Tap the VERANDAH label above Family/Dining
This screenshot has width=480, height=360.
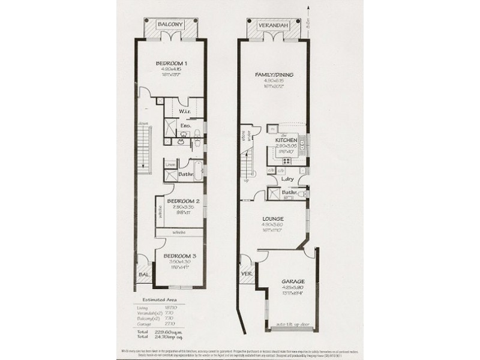tap(272, 26)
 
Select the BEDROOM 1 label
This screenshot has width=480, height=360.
tap(172, 64)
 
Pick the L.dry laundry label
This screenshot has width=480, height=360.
tap(286, 179)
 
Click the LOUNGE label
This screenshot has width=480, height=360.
tap(273, 219)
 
